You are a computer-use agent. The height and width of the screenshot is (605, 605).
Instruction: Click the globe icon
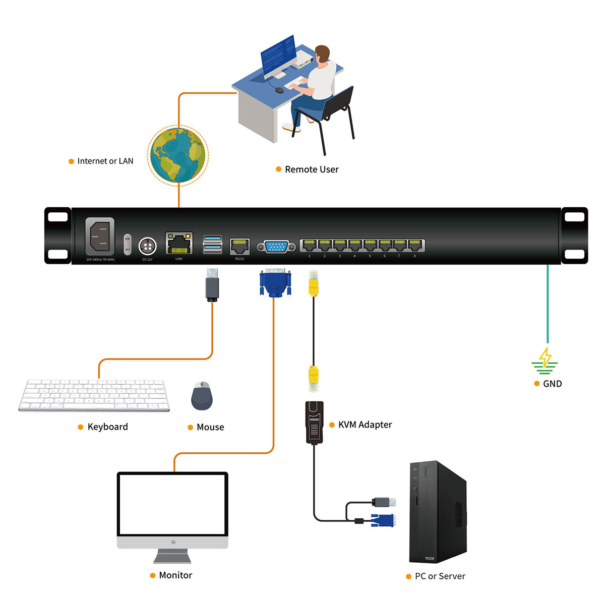pos(177,155)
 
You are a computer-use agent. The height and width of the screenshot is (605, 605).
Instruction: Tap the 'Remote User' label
pos(312,169)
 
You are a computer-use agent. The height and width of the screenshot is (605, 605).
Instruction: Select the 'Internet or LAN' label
pos(105,161)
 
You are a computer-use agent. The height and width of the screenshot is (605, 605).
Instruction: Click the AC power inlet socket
pos(100,237)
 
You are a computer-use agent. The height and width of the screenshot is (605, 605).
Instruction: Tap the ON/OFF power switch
pos(128,244)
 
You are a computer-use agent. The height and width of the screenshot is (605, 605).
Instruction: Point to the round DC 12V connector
pos(147,246)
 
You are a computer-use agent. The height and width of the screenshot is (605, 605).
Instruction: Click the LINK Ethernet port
pos(179,244)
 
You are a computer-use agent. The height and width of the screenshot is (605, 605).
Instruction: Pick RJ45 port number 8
pos(415,246)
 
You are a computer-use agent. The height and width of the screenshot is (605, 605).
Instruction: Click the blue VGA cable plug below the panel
pos(275,283)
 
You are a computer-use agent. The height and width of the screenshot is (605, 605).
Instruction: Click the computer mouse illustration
pos(202,396)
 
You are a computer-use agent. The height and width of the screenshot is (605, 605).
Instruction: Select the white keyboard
pos(94,396)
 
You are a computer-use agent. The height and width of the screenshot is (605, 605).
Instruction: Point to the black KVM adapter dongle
pos(315,422)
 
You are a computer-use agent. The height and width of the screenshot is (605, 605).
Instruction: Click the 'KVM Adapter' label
pos(365,425)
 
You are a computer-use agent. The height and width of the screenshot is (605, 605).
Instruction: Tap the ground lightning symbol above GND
pos(545,359)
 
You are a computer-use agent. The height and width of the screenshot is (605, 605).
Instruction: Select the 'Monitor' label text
pos(175,575)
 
